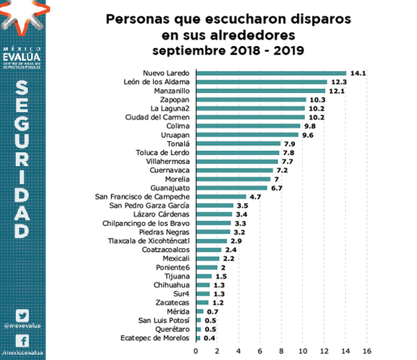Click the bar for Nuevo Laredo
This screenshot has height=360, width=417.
271,73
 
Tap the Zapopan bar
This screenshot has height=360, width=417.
251,100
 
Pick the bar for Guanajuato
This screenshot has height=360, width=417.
232,188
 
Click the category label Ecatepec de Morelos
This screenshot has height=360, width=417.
156,338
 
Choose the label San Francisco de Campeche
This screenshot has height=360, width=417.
143,196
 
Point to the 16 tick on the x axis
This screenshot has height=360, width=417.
367,350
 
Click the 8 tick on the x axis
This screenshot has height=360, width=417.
282,350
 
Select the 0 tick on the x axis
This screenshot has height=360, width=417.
196,350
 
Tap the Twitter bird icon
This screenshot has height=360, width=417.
23,315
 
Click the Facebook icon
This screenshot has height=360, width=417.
23,341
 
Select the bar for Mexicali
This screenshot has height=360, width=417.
207,258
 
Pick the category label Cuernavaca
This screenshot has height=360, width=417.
170,170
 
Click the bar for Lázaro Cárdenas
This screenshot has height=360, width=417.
214,214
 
